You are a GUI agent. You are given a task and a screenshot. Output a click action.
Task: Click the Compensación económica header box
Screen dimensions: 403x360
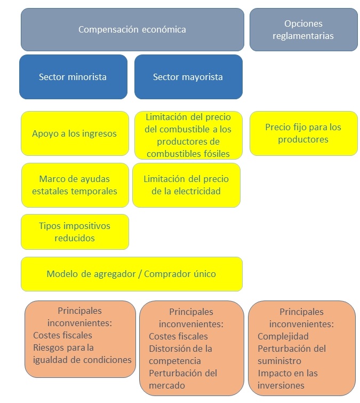tap(132, 29)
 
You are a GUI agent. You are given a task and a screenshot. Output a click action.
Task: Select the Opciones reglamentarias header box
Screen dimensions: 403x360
tap(303, 29)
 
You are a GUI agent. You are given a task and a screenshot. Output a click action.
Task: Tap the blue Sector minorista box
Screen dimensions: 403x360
tap(73, 77)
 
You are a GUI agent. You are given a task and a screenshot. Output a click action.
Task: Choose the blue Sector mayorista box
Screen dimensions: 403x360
tap(188, 77)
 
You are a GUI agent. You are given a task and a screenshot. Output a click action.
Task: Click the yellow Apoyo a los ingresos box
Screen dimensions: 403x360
tap(74, 133)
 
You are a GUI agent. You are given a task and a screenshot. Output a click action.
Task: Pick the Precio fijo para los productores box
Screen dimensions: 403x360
tap(303, 133)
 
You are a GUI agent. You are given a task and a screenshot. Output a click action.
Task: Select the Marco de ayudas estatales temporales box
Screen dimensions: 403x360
tap(75, 185)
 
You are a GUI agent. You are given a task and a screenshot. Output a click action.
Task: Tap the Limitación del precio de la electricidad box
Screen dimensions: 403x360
tap(186, 185)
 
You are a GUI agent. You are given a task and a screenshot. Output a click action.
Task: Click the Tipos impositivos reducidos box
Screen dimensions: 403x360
tap(75, 232)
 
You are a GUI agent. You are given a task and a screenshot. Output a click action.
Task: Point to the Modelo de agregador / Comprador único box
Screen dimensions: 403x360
tap(131, 274)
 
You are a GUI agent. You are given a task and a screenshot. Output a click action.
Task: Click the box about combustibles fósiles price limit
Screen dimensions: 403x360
tap(188, 135)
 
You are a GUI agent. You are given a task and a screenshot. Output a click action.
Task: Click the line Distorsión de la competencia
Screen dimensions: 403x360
tap(180, 354)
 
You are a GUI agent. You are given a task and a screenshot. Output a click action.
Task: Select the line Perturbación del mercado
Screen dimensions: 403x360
tap(183, 379)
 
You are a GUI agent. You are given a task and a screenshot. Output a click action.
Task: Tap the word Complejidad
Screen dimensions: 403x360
tap(283, 336)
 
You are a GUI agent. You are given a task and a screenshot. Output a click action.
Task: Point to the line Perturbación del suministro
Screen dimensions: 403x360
tap(291, 354)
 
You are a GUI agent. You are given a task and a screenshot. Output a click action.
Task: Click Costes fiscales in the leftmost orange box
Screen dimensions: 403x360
tap(62, 335)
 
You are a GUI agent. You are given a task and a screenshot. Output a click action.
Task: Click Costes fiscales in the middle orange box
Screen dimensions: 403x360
tap(178, 336)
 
